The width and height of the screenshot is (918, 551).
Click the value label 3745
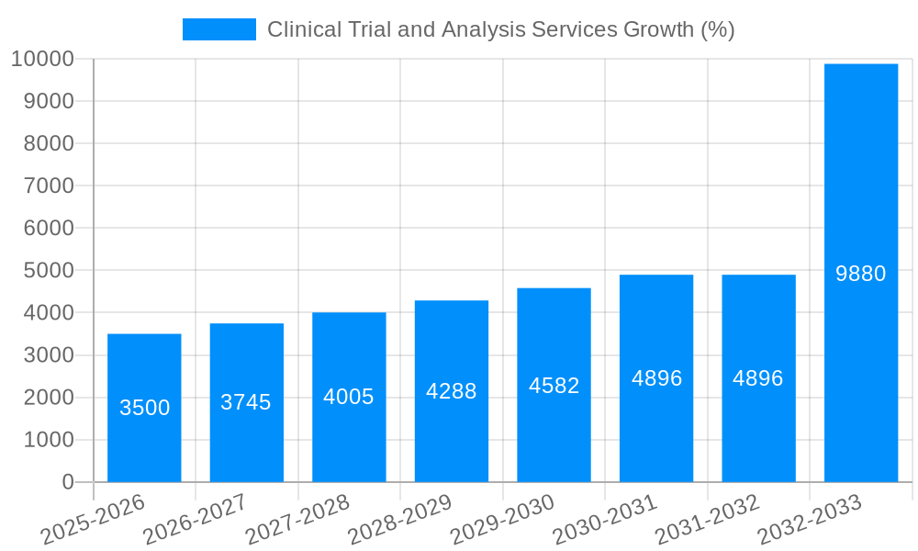pos(246,402)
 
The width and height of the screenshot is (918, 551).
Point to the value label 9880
pos(860,274)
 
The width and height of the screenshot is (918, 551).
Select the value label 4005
pos(349,397)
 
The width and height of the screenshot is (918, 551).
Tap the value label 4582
pos(554,386)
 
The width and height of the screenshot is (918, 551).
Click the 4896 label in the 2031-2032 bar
pos(757,378)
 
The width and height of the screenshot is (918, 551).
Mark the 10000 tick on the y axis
pos(42,59)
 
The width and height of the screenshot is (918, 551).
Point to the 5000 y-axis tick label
pos(42,271)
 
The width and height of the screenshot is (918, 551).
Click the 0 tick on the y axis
pos(67,482)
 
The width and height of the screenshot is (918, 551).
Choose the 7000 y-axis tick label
pos(42,186)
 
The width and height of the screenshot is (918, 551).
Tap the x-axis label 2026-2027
pos(195,519)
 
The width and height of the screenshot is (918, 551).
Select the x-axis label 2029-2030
pos(502,519)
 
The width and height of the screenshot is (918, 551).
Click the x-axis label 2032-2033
pos(810,519)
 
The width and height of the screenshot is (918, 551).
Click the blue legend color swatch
pos(219,29)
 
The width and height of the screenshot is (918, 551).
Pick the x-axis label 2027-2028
pos(297,519)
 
